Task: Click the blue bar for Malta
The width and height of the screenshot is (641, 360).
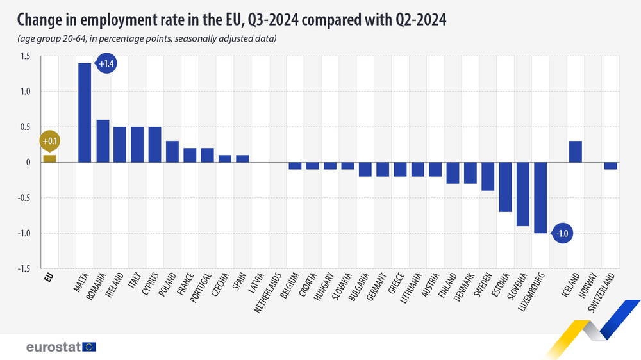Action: click(x=85, y=112)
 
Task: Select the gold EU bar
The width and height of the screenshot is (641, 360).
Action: click(x=49, y=158)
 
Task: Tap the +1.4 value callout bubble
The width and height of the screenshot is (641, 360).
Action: click(x=104, y=64)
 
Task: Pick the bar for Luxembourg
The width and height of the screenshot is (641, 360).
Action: click(x=541, y=197)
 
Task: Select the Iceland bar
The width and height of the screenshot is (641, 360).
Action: click(x=576, y=151)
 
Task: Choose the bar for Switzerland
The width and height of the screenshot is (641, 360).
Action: click(x=611, y=165)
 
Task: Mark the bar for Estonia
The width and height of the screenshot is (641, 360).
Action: click(x=506, y=186)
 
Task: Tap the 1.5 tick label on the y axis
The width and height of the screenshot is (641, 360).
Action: click(x=24, y=56)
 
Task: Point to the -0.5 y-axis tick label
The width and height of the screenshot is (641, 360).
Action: click(x=23, y=197)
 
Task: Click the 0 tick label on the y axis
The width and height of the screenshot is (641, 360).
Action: click(x=28, y=162)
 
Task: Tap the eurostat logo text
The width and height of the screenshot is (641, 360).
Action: click(x=53, y=347)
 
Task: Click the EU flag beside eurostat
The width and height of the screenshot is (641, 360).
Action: click(x=89, y=347)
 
